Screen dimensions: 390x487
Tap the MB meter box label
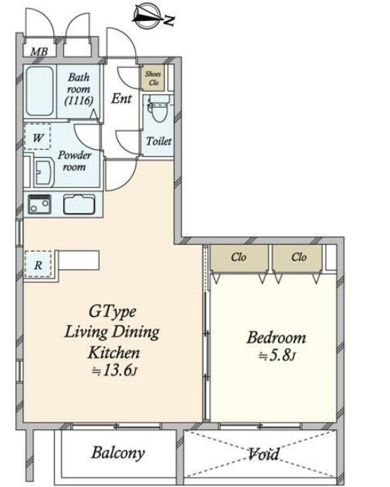click(x=39, y=51)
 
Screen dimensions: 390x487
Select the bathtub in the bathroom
click(x=40, y=91)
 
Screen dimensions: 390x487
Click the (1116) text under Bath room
click(x=79, y=101)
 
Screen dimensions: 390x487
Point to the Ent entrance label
click(x=122, y=98)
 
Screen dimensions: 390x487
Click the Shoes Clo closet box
click(x=153, y=78)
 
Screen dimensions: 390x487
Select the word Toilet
click(x=158, y=141)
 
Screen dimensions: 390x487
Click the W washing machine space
click(x=38, y=137)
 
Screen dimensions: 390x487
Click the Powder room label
click(x=75, y=161)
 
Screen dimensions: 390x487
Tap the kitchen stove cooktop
click(x=40, y=204)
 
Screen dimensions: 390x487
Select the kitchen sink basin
click(x=79, y=204)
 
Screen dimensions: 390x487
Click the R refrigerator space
click(x=38, y=264)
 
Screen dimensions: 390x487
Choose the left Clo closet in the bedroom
click(x=239, y=258)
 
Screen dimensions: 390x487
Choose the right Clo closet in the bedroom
click(x=297, y=258)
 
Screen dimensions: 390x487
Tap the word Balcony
click(x=119, y=453)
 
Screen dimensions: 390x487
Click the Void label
click(x=263, y=454)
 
